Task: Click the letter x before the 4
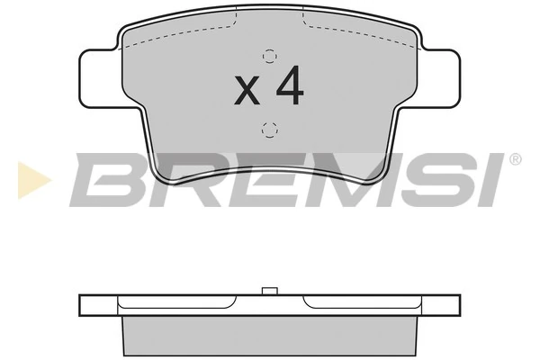click(247, 91)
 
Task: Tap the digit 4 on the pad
click(288, 85)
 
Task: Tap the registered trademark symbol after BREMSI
click(515, 160)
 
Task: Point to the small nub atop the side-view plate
click(267, 291)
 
